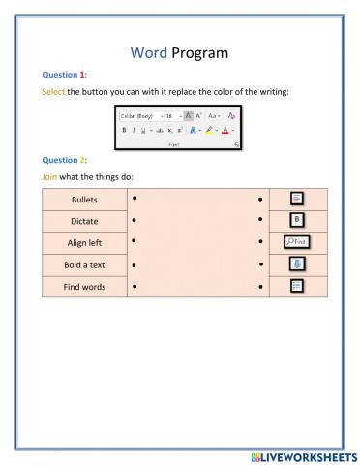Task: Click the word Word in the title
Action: tap(149, 54)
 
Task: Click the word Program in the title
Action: tap(203, 55)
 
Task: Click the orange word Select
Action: tap(53, 92)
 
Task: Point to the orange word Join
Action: tap(50, 176)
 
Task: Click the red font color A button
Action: tap(225, 129)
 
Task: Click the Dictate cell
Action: tap(84, 221)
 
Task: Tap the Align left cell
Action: tap(84, 242)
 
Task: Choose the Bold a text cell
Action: tap(84, 264)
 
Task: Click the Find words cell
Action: tap(84, 287)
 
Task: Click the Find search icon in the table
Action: tap(297, 241)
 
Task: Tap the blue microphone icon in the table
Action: tap(298, 263)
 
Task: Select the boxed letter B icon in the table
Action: tap(298, 220)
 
